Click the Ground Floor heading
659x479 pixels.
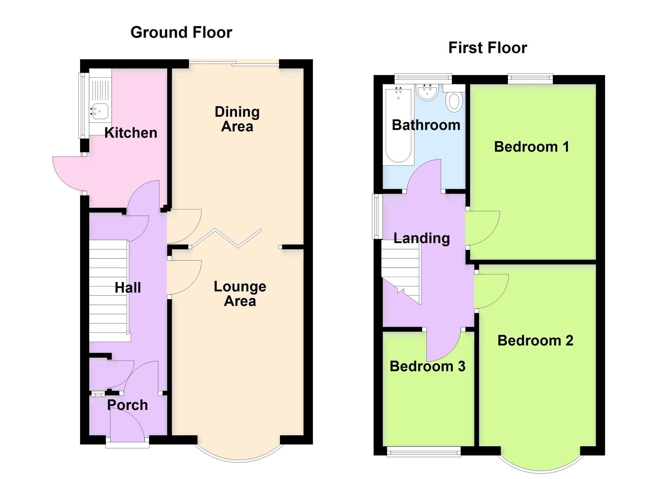[x=181, y=32]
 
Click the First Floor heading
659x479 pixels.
[x=488, y=48]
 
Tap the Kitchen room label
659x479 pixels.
[x=131, y=133]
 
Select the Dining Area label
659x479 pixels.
[x=237, y=119]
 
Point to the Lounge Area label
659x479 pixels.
[x=240, y=294]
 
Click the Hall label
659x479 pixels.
[x=128, y=288]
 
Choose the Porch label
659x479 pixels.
[x=128, y=405]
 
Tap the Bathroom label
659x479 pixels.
[x=426, y=125]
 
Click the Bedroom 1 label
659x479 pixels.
[x=531, y=147]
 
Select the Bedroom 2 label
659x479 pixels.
[x=535, y=341]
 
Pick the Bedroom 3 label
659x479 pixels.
[x=427, y=366]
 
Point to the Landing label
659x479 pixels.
[x=422, y=238]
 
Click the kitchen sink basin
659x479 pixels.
[x=100, y=111]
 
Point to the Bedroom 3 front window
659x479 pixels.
[x=424, y=451]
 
